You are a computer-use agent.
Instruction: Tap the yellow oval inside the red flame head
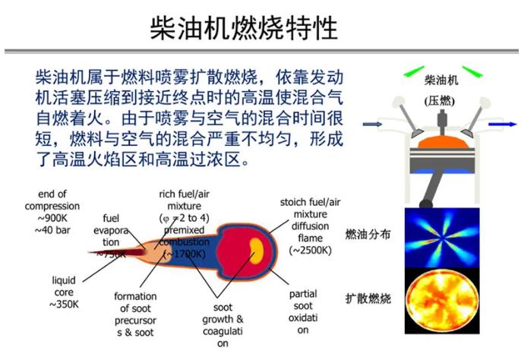point(257,251)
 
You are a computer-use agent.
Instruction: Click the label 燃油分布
point(368,235)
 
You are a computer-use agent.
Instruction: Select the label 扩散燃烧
point(368,298)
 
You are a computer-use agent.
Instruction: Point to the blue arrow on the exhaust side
point(503,125)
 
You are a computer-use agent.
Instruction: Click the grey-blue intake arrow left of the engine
point(372,125)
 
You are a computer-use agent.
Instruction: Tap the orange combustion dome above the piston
point(444,142)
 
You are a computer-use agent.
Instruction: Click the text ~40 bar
point(52,230)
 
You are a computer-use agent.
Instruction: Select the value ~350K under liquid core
point(64,304)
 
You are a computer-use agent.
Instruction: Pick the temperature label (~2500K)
point(311,250)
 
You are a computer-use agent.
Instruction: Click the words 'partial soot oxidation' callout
point(303,312)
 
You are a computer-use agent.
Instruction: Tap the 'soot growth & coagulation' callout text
point(223,325)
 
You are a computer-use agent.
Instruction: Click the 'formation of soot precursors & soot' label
point(135,314)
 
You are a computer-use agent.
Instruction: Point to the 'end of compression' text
point(52,200)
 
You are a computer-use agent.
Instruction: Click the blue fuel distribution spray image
point(442,237)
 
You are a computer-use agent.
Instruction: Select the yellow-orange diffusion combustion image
point(442,301)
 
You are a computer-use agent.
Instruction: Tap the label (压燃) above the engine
point(439,101)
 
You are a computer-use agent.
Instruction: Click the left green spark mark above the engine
point(414,71)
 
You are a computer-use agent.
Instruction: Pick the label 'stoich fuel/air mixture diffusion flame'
point(311,219)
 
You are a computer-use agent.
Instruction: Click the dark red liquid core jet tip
point(90,252)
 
